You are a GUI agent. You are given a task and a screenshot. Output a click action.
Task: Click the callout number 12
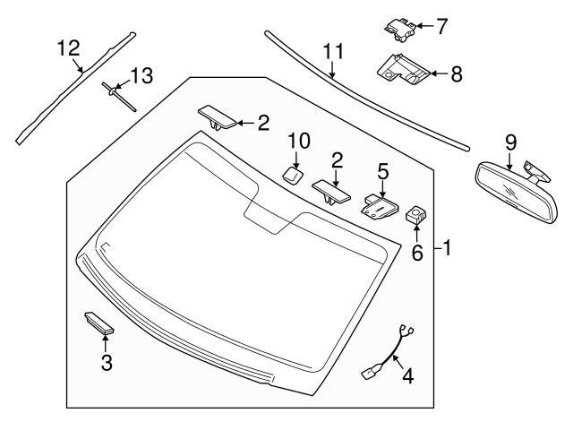(69, 48)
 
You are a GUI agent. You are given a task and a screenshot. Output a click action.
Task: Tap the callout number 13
(141, 75)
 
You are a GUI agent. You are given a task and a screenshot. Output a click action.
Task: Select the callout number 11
(334, 51)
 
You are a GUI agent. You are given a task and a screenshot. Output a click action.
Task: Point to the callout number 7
(441, 26)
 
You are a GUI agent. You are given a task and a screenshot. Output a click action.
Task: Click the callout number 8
(457, 73)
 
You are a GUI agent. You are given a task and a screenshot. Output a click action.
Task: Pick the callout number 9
(511, 142)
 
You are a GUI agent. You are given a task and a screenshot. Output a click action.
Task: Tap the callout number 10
(299, 141)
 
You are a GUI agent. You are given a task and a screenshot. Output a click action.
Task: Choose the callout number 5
(382, 171)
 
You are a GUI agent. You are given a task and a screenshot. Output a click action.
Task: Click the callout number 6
(417, 253)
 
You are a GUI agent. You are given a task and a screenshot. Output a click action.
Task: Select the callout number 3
(107, 362)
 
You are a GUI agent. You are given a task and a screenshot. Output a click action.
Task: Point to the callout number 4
(408, 375)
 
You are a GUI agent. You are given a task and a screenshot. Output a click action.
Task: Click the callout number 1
(447, 248)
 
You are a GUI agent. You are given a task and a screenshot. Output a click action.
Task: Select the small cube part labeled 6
(415, 214)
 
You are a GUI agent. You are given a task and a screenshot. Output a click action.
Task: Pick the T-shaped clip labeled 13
(118, 96)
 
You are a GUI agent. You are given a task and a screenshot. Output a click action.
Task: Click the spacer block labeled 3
(99, 323)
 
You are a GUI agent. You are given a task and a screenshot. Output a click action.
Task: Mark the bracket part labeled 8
(403, 70)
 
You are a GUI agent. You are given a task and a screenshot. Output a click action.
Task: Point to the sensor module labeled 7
(400, 30)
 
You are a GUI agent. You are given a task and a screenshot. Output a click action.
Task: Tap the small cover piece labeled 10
(292, 176)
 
